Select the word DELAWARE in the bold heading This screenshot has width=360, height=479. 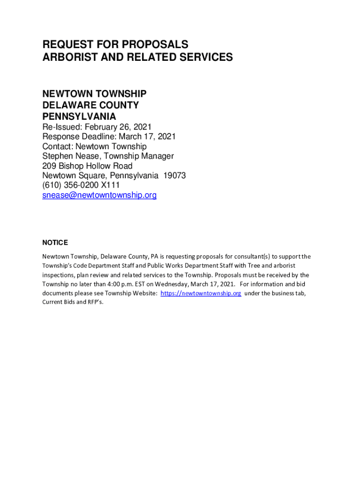point(65,105)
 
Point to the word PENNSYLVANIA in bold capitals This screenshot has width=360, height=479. point(79,116)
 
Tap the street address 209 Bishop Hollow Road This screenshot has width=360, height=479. point(87,166)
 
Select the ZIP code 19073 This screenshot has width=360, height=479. point(173,176)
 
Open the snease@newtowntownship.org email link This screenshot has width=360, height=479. point(100,196)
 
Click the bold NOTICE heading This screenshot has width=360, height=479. point(55,243)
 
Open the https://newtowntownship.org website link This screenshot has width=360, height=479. point(201,293)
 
